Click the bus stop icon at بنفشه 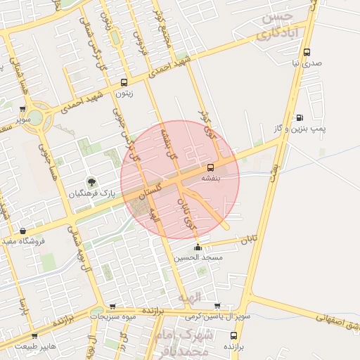pyautogui.click(x=210, y=167)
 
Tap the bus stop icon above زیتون pyautogui.click(x=124, y=82)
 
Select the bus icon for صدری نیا pyautogui.click(x=307, y=52)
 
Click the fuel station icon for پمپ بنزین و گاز pyautogui.click(x=300, y=117)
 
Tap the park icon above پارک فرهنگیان pyautogui.click(x=89, y=182)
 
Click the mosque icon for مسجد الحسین pyautogui.click(x=198, y=247)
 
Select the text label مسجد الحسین pyautogui.click(x=198, y=258)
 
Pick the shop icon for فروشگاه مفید pyautogui.click(x=23, y=231)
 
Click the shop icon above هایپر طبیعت pyautogui.click(x=34, y=336)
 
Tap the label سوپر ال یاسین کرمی pyautogui.click(x=215, y=317)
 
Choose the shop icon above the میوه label pyautogui.click(x=112, y=307)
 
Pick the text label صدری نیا pyautogui.click(x=307, y=63)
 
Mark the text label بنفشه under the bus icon pyautogui.click(x=211, y=179)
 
